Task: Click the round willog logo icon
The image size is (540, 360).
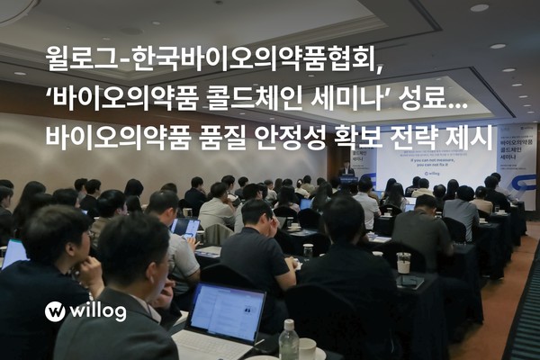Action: (x=55, y=311)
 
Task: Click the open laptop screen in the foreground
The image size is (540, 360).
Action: (x=226, y=311)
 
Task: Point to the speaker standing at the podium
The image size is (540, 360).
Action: (x=346, y=170)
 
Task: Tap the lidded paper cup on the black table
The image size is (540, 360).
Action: (x=403, y=262)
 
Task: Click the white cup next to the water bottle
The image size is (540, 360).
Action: (x=308, y=348)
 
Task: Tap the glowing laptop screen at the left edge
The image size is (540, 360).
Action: (x=13, y=253)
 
